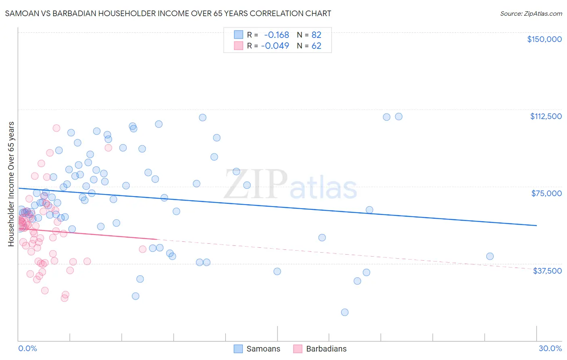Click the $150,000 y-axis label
pyautogui.click(x=544, y=39)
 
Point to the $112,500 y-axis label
pyautogui.click(x=546, y=116)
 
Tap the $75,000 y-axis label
pyautogui.click(x=546, y=193)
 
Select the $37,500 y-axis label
pyautogui.click(x=547, y=271)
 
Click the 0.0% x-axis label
pyautogui.click(x=27, y=348)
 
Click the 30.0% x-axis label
pyautogui.click(x=550, y=348)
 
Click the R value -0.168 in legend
pyautogui.click(x=276, y=35)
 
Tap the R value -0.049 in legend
pyautogui.click(x=275, y=46)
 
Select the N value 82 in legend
pyautogui.click(x=316, y=35)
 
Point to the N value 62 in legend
pyautogui.click(x=316, y=46)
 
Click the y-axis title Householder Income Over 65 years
pyautogui.click(x=11, y=184)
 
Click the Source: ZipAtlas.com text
pyautogui.click(x=531, y=14)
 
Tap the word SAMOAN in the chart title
pyautogui.click(x=20, y=13)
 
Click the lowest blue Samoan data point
pyautogui.click(x=344, y=312)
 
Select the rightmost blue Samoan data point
pyautogui.click(x=490, y=256)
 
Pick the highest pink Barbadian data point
pyautogui.click(x=56, y=128)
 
